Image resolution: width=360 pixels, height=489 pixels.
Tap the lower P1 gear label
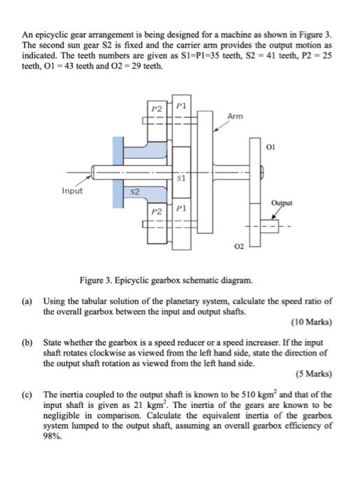180,208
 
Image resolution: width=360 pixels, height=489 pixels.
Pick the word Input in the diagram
72,190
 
